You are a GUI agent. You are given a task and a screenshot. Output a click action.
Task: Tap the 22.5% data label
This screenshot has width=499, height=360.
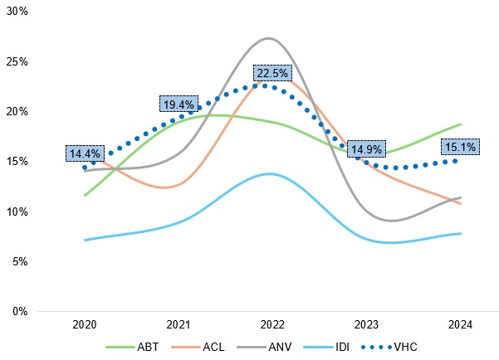pyautogui.click(x=271, y=73)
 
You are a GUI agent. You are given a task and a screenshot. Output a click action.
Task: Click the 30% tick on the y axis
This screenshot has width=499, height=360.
pyautogui.click(x=17, y=12)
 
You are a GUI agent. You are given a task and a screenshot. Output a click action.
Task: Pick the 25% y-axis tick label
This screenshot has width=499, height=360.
pyautogui.click(x=17, y=61)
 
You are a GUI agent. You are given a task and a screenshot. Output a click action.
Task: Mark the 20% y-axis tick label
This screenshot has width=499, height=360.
pyautogui.click(x=17, y=111)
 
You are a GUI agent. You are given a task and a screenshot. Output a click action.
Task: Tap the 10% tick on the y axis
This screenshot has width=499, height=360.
pyautogui.click(x=17, y=212)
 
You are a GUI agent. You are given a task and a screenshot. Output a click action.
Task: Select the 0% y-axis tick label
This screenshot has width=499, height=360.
pyautogui.click(x=20, y=311)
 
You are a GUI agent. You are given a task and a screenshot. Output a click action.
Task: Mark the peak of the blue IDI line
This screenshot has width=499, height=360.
pyautogui.click(x=268, y=173)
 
